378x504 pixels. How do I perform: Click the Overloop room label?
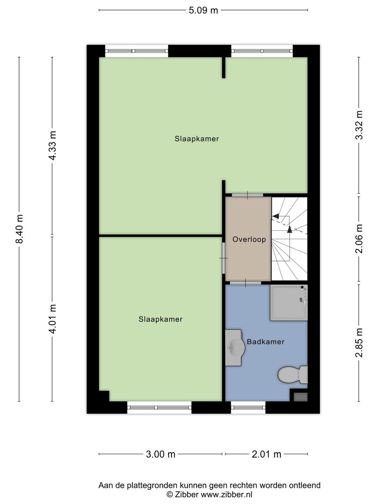pos(249,240)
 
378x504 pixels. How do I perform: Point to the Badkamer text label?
pos(265,342)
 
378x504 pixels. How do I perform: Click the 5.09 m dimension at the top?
pos(203,10)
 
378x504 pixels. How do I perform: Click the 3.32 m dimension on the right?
pos(359,125)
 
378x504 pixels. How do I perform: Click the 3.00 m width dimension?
pos(160,454)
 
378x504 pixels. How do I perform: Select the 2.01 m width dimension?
pos(266,454)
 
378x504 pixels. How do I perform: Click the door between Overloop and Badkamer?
pos(245,283)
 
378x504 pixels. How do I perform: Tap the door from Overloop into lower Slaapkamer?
pos(224,258)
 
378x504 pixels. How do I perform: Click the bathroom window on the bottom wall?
pos(248,407)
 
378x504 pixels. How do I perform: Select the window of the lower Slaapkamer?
pos(159,407)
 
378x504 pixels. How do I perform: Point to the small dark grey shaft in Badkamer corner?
pos(300,397)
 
